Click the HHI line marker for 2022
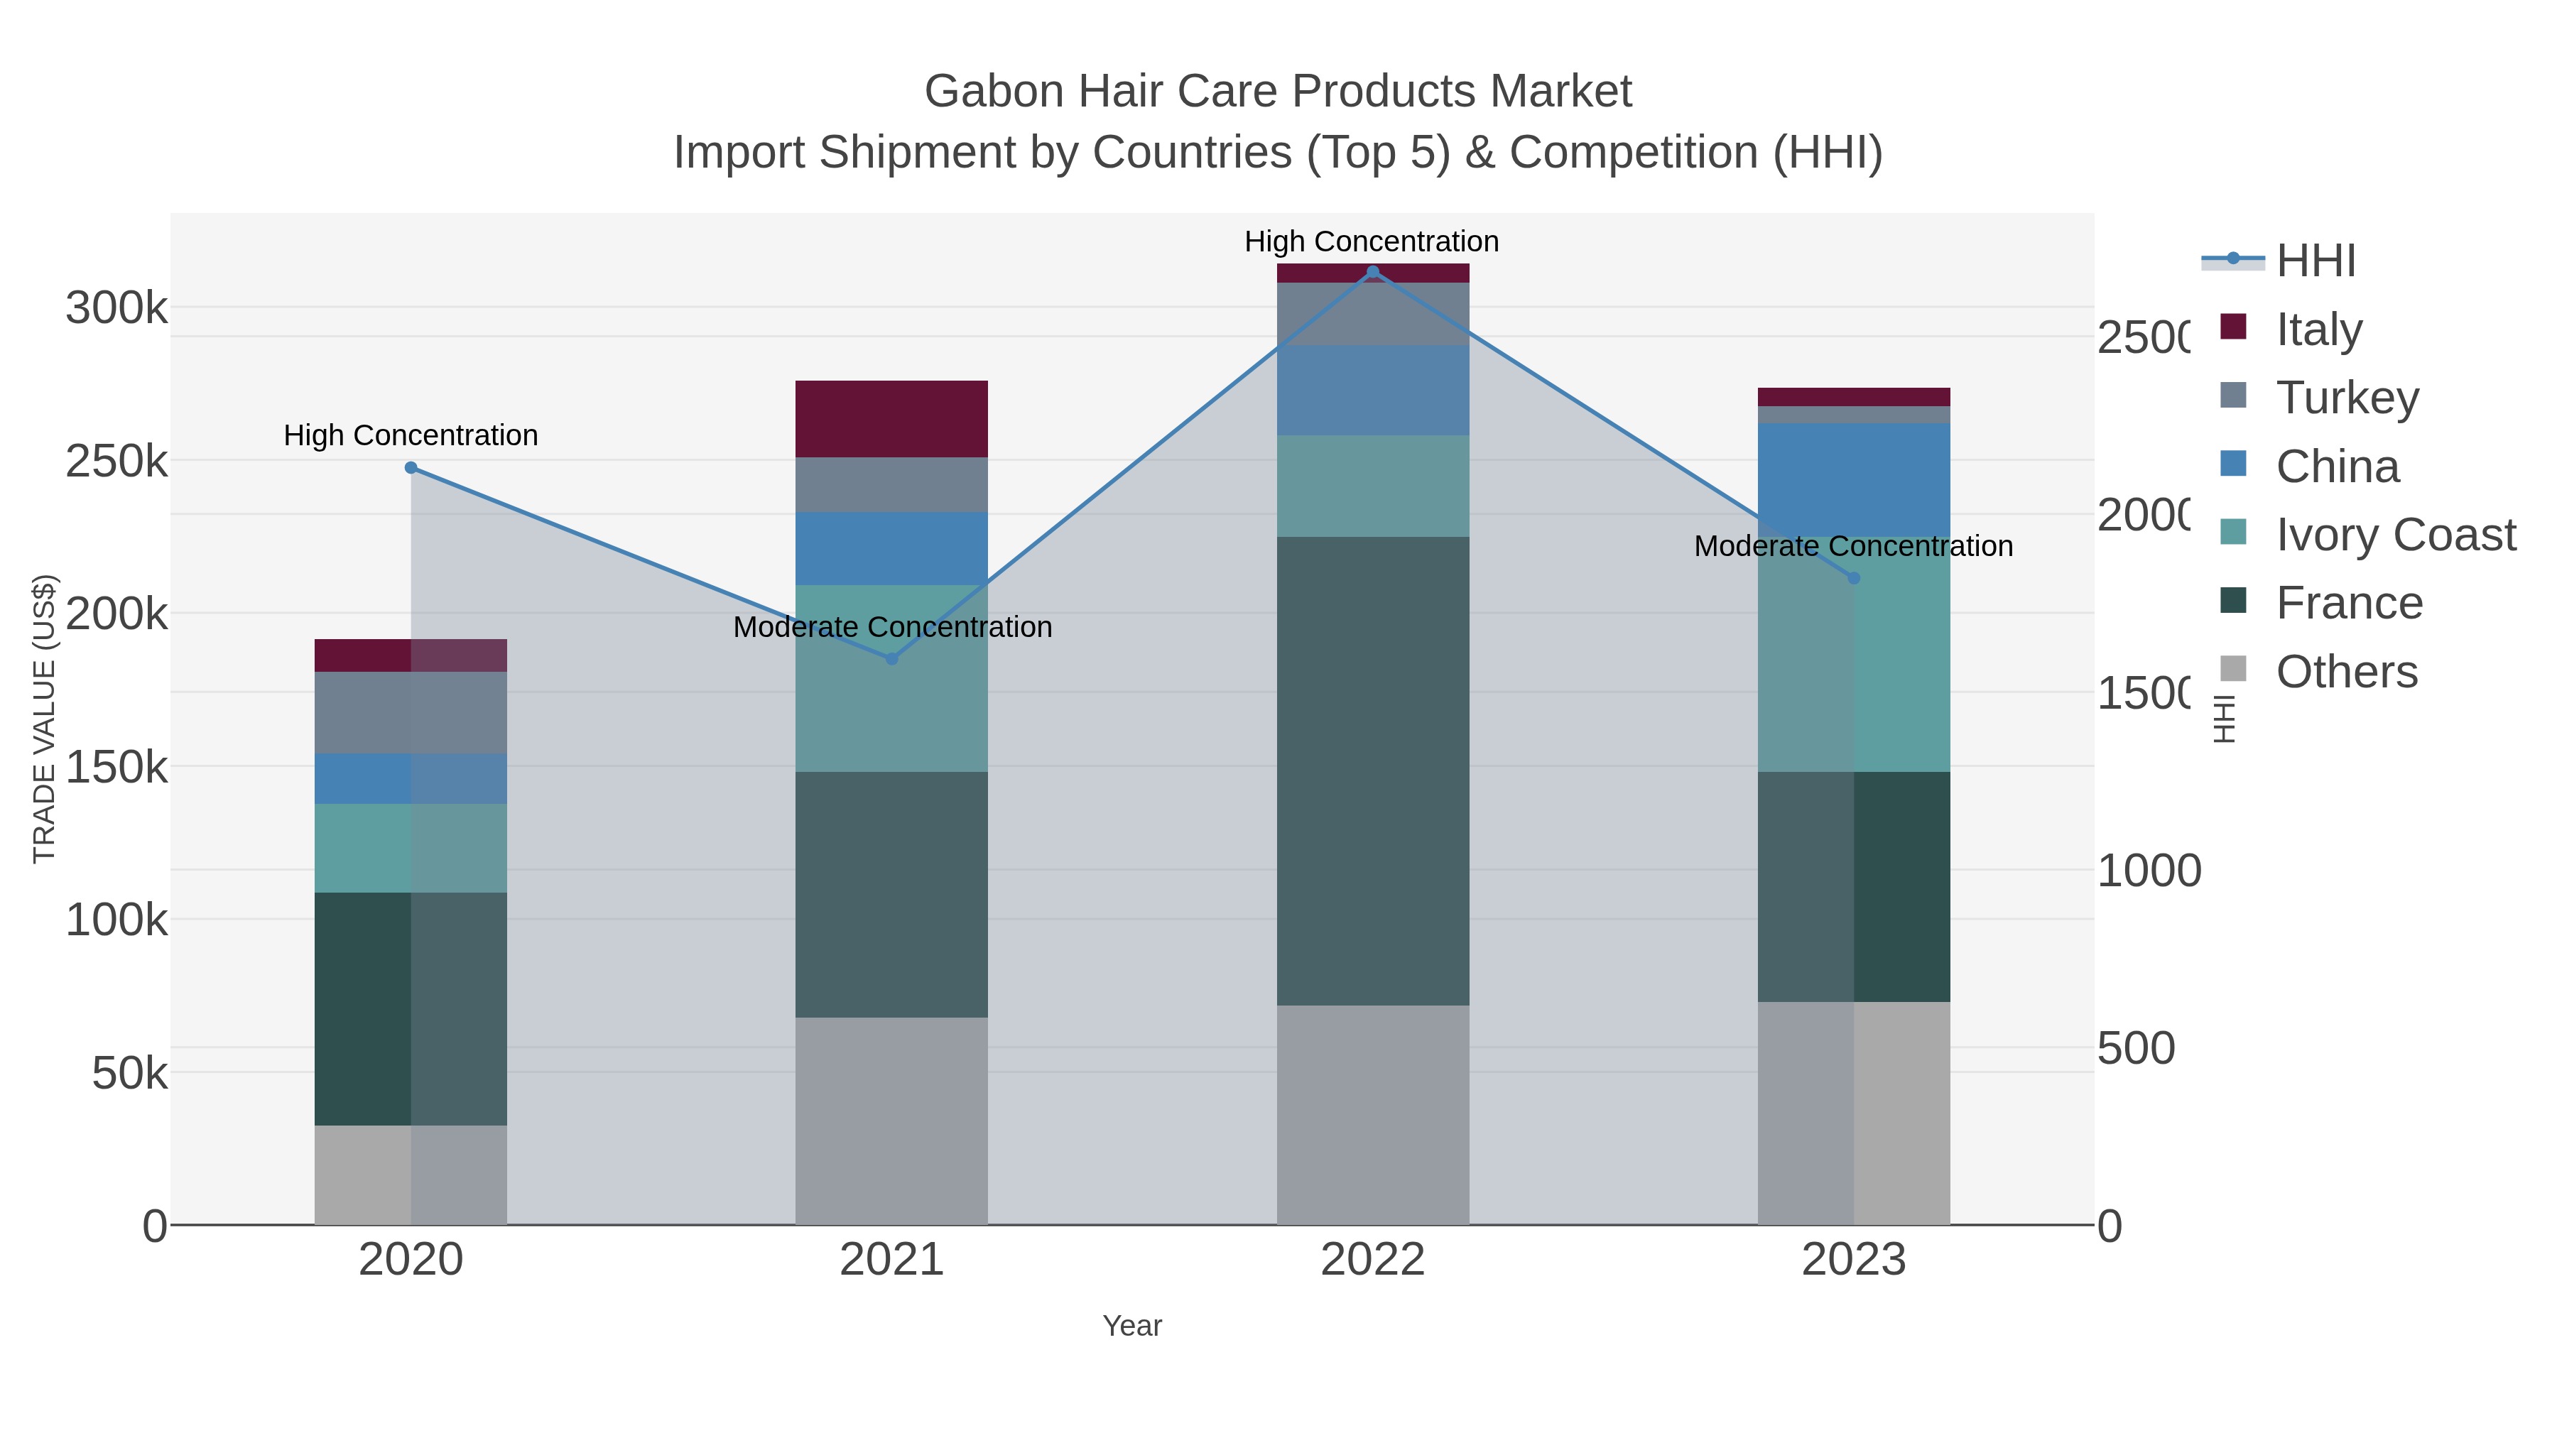(x=1373, y=272)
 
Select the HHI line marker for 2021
(x=891, y=659)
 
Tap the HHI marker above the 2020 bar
(x=411, y=467)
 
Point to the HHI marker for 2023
(x=1853, y=577)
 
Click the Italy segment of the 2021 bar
(x=891, y=419)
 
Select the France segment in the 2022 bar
(x=1373, y=771)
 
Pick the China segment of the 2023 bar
(x=1853, y=479)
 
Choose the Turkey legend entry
(x=2347, y=398)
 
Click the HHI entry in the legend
(x=2315, y=261)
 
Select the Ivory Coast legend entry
(x=2394, y=535)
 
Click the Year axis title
(x=1131, y=1326)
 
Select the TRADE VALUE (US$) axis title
(x=45, y=719)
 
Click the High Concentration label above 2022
(x=1371, y=241)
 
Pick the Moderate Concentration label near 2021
(x=891, y=627)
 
